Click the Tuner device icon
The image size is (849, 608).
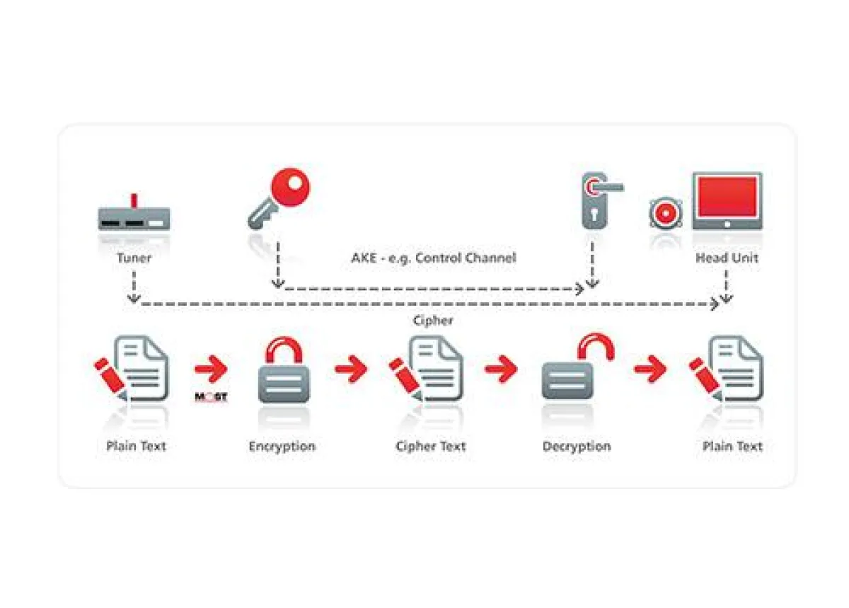coord(134,218)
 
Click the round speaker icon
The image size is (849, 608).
coord(666,213)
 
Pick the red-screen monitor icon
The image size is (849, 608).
coord(727,201)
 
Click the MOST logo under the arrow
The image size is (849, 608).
coord(211,396)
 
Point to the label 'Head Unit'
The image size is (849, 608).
coord(727,258)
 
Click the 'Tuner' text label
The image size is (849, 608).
coord(134,258)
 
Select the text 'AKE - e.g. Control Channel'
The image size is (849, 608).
coord(433,258)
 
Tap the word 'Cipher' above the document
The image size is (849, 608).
coord(433,321)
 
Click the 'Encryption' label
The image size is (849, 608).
coord(282,447)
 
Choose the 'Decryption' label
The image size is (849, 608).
coord(576,447)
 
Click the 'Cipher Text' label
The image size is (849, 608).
coord(431,447)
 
